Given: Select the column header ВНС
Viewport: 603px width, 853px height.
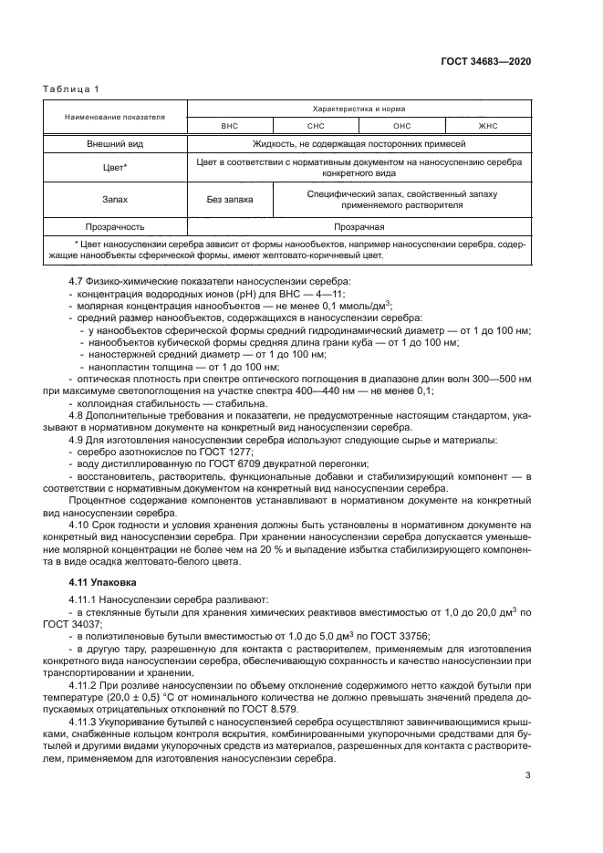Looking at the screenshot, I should (x=229, y=125).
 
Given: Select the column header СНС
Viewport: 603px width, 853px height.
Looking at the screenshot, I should (x=316, y=125).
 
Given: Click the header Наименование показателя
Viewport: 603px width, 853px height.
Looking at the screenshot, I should (x=114, y=117).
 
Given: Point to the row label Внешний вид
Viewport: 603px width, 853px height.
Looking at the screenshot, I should (x=114, y=144).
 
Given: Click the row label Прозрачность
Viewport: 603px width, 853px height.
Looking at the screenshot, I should (x=114, y=226).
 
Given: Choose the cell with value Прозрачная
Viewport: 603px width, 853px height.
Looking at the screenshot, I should (x=359, y=226).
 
